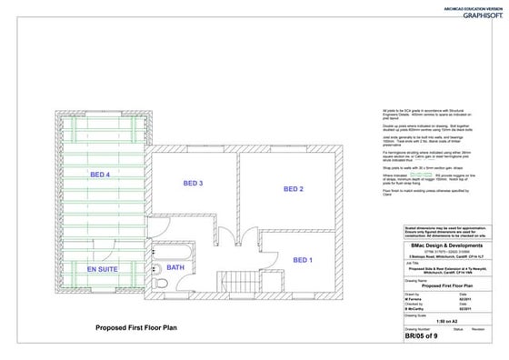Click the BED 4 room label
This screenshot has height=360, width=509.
click(100, 175)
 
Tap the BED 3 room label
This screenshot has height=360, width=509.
click(193, 184)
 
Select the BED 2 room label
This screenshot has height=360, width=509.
click(293, 189)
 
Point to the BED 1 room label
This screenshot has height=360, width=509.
click(303, 260)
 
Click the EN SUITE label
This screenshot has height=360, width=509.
click(103, 270)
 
